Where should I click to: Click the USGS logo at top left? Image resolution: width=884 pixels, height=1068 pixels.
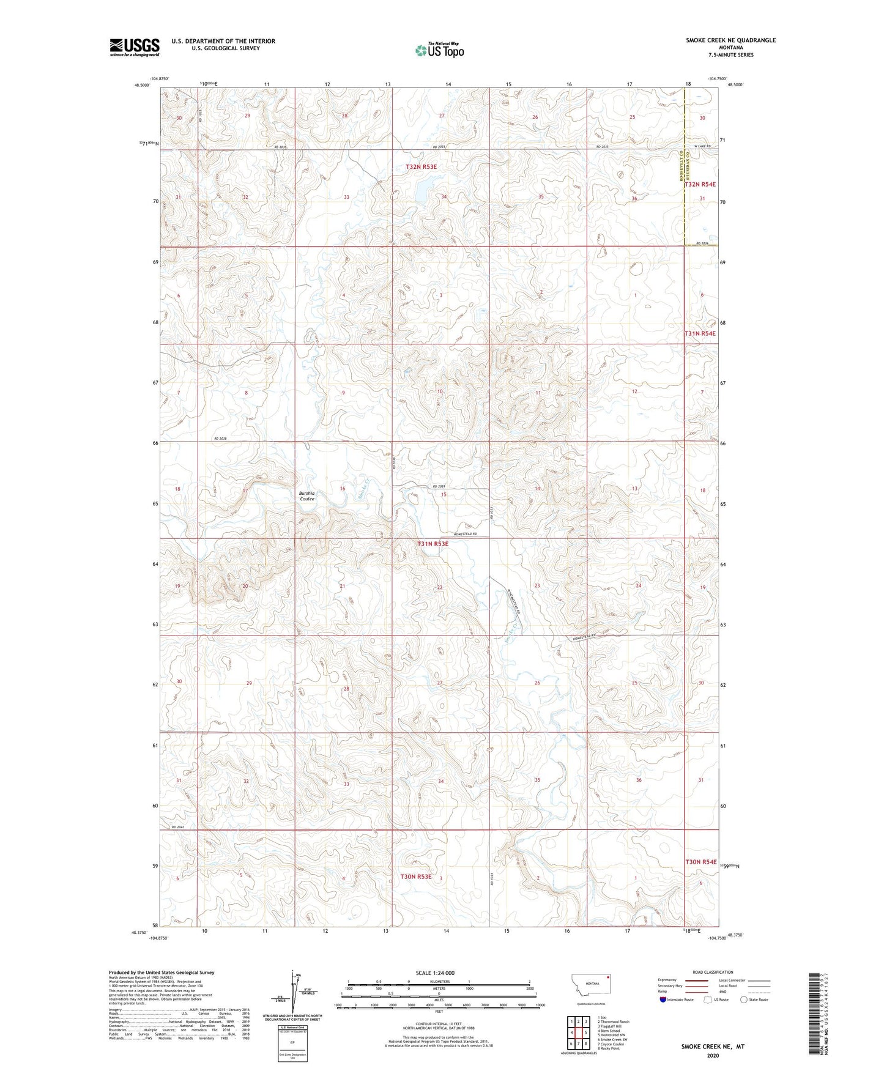134,47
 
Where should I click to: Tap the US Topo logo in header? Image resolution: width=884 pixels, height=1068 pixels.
439,50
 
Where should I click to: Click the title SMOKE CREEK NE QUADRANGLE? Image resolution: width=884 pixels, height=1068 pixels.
730,40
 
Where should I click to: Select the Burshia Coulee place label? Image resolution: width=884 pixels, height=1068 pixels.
307,495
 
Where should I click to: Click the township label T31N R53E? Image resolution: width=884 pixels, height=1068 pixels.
433,543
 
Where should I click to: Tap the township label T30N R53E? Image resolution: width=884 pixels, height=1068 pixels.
415,877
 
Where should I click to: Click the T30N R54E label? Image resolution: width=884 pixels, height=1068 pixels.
700,862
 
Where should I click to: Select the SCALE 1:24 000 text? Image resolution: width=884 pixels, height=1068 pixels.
435,973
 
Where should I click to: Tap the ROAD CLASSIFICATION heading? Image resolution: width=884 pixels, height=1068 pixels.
713,972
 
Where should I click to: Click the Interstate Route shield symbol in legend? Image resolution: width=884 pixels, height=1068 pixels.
663,1000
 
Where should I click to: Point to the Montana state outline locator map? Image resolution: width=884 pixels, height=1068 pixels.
590,985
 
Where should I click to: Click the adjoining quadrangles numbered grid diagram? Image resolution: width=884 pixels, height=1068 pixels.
578,1031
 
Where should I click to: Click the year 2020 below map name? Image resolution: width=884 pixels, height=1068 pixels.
712,1056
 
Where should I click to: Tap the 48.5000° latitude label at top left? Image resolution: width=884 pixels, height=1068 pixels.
141,86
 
